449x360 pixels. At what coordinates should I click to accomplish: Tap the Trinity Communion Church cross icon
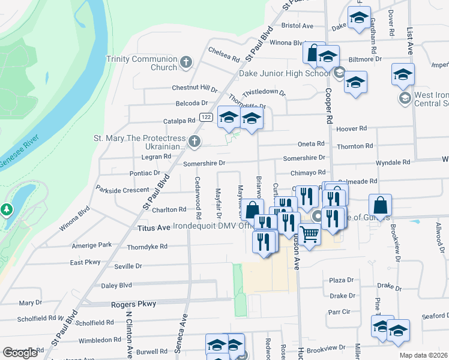[x=186, y=62]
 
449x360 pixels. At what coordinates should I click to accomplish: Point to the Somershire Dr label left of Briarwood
[x=204, y=163]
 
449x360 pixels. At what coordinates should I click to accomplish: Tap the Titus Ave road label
[x=155, y=228]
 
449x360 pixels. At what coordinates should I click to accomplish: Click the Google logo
[x=20, y=352]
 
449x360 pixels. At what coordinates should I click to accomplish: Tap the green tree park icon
[x=7, y=210]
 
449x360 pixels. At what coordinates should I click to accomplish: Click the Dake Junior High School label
[x=285, y=73]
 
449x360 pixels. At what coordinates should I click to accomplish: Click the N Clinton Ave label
[x=128, y=333]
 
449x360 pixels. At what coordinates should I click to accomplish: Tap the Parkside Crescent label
[x=122, y=190]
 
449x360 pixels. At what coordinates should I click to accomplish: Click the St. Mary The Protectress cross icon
[x=194, y=142]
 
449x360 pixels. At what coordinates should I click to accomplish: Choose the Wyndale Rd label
[x=393, y=162]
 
